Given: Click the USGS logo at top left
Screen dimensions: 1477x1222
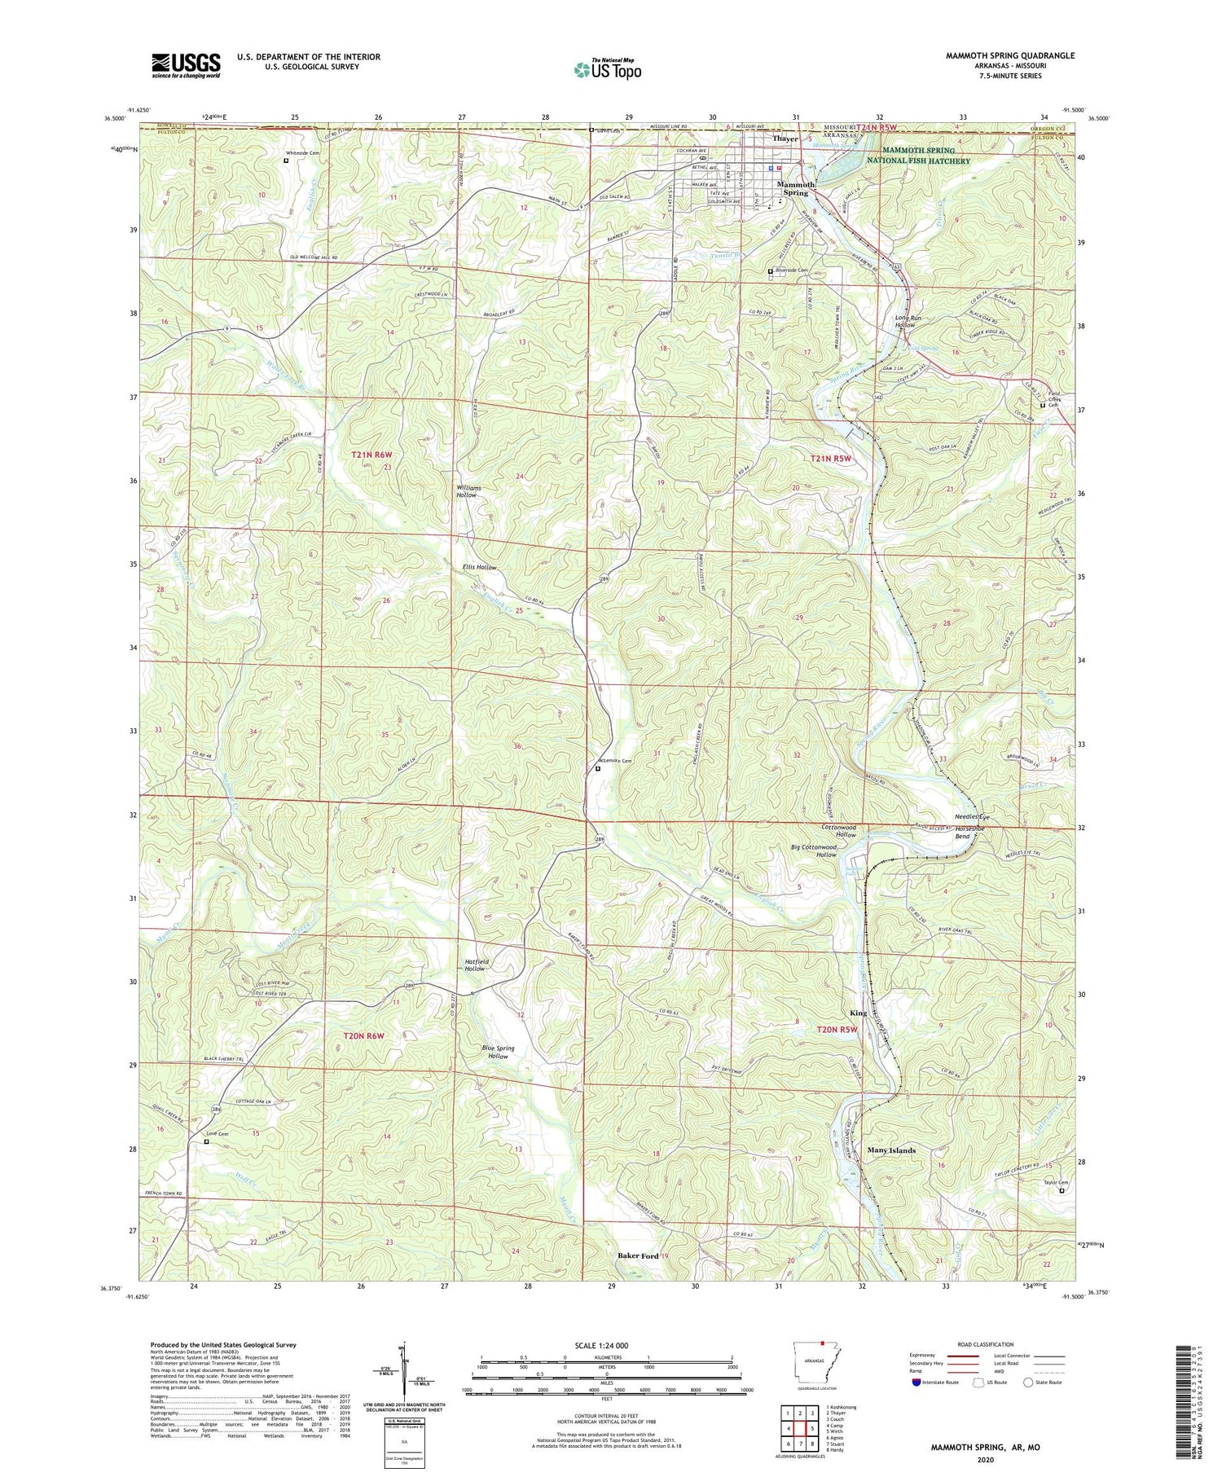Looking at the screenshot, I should coord(186,65).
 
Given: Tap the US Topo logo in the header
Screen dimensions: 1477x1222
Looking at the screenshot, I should coord(607,69).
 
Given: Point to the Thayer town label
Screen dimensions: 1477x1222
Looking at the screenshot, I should coord(785,138).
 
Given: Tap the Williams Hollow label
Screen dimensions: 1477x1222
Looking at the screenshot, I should coord(468,491).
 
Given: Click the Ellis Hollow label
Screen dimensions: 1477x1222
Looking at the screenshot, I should coord(479,567).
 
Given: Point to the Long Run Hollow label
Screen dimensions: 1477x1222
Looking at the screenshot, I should coord(907,321).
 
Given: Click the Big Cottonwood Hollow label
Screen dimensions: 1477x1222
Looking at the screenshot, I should coord(815,851).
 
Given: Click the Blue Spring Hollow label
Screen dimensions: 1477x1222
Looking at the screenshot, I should coord(498,1053).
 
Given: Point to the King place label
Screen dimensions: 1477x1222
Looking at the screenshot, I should coord(858,1013).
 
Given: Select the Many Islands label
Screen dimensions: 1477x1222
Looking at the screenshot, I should coord(891,1150).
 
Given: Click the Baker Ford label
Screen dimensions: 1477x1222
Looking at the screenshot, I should coord(637,1255).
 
